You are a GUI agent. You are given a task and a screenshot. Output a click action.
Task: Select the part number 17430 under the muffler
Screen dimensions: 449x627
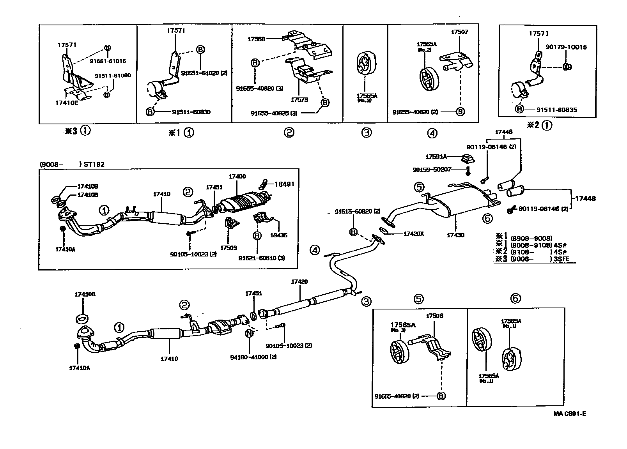tap(456, 235)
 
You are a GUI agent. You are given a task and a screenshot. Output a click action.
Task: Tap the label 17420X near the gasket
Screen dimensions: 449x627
tap(413, 234)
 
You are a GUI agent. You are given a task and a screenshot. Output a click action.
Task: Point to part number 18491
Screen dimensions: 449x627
tap(284, 184)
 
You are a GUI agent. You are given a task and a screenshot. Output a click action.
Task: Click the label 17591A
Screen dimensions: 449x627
tap(435, 157)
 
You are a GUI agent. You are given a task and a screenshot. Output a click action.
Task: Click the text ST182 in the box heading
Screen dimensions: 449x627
tap(94, 164)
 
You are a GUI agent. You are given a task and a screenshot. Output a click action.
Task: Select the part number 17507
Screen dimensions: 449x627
tap(459, 32)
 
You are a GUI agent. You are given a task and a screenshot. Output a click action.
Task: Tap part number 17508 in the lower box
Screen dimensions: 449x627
tap(434, 316)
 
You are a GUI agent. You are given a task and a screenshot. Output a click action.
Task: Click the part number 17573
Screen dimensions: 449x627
tap(299, 100)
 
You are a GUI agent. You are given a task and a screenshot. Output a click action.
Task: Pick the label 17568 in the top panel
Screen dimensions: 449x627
tap(256, 39)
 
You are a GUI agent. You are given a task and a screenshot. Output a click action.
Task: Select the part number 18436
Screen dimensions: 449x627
tap(278, 235)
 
